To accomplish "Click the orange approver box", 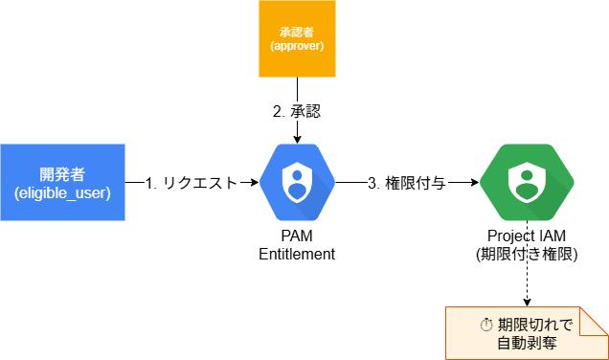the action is (x=297, y=39).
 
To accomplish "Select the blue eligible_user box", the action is (x=62, y=182).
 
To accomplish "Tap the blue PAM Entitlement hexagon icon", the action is (x=297, y=182).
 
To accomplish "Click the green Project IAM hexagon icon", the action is (x=527, y=182).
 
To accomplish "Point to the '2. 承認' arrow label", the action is (x=297, y=111).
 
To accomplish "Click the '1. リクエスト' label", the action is (x=192, y=183).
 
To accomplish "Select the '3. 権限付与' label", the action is (x=407, y=183).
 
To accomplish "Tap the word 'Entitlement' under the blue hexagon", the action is (x=297, y=254).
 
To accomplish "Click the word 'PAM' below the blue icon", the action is (x=297, y=236).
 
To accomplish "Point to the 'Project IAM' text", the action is (x=527, y=236).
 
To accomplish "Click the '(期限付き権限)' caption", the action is (x=527, y=255).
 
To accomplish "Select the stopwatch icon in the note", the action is (x=486, y=325).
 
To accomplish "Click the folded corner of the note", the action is (x=594, y=322).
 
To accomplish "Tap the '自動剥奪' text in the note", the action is (x=527, y=343).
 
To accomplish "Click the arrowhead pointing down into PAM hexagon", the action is (x=297, y=140).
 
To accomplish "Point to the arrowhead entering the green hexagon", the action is (x=475, y=182).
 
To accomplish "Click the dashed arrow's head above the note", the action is (x=527, y=303).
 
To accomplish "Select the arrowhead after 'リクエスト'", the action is (x=255, y=182).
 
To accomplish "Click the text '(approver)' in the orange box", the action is (x=297, y=46).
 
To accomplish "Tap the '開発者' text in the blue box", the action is (x=62, y=174).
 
